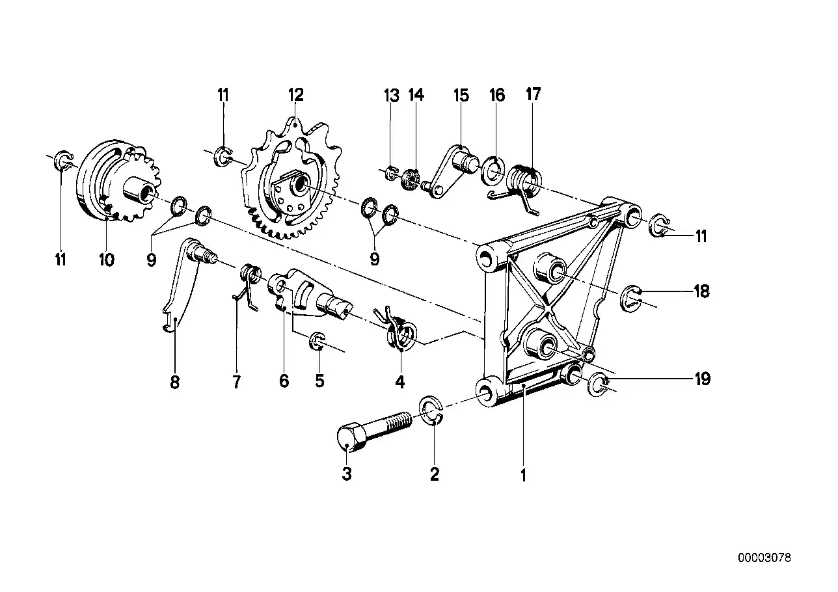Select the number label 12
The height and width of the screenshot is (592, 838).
296,95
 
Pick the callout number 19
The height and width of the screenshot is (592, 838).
701,379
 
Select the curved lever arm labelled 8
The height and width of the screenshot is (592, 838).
177,286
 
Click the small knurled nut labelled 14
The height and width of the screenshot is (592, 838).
411,178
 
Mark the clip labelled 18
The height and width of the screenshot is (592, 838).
631,297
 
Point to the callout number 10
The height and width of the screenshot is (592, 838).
106,260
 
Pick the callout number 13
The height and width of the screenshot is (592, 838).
391,96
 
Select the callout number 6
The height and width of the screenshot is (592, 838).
284,381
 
